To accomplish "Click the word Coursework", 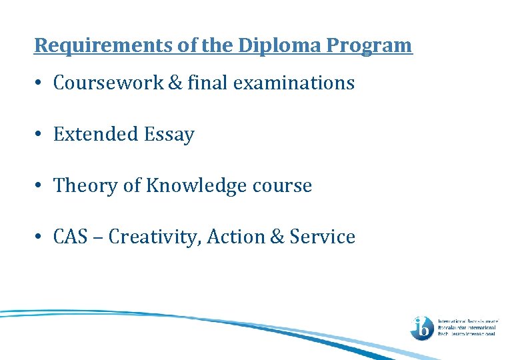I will (x=109, y=83).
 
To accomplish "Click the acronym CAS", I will (x=71, y=237).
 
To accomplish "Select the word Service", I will (x=322, y=237).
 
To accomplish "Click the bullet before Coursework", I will (x=41, y=84).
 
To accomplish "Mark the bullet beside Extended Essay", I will (x=41, y=135).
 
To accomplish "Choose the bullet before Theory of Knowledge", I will (x=41, y=186).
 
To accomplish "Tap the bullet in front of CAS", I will (x=41, y=237).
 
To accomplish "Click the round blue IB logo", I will (x=422, y=327).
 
